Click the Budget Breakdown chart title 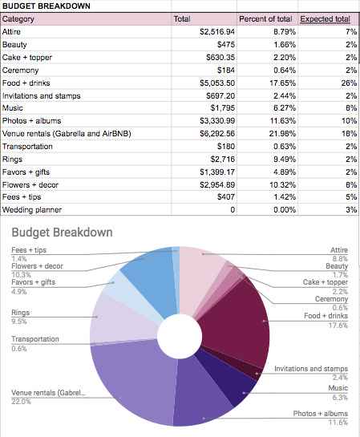click(x=62, y=233)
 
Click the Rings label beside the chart click(x=21, y=313)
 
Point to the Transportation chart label click(x=34, y=339)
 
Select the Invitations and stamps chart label click(x=311, y=369)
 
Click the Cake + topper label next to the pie click(x=326, y=282)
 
